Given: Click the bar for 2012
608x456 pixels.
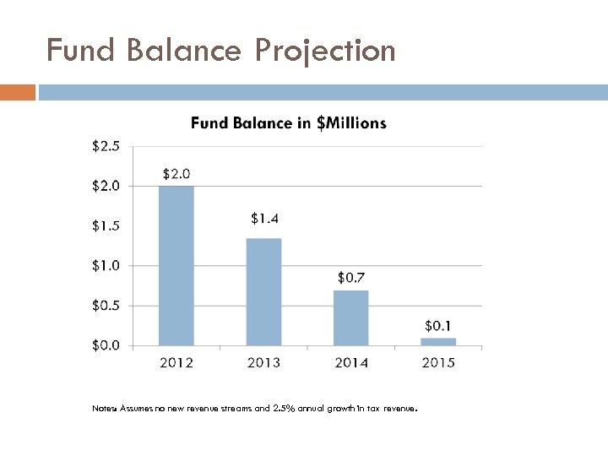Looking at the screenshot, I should (x=176, y=265).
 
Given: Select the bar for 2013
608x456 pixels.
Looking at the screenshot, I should (x=263, y=291).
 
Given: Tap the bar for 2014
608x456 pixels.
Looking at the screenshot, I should (x=351, y=318).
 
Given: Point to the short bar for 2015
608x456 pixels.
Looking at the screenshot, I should (x=438, y=341).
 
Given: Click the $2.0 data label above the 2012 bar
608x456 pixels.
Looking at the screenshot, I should (x=176, y=174).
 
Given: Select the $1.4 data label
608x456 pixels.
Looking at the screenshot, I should (x=264, y=219).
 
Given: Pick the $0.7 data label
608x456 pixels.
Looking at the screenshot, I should (x=351, y=277).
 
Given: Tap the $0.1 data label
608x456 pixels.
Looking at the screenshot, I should (x=438, y=325).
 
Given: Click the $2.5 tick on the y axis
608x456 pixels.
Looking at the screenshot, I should (x=106, y=146).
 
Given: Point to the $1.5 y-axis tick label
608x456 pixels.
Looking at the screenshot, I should (x=106, y=225).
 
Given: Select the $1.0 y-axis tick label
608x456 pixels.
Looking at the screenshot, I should (x=106, y=265).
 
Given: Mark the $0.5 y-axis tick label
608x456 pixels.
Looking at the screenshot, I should (x=106, y=305).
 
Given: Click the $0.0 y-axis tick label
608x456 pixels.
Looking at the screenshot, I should (x=106, y=345).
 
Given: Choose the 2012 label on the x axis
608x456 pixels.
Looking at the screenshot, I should (x=176, y=362).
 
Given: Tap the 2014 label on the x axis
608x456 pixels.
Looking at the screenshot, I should (x=351, y=362).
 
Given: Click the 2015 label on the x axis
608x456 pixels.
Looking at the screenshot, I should (x=438, y=362).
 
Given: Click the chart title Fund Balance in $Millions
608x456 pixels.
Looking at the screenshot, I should (x=289, y=123).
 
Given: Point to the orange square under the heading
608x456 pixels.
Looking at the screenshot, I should (x=18, y=92).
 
